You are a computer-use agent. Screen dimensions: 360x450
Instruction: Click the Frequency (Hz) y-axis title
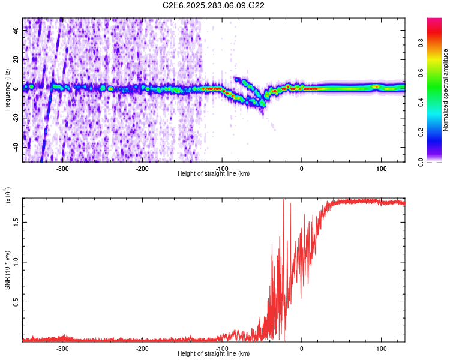point(7,89)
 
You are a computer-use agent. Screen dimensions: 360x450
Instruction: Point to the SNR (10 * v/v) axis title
point(7,266)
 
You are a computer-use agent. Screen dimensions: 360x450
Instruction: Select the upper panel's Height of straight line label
point(214,173)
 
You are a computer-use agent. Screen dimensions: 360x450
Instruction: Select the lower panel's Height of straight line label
point(214,353)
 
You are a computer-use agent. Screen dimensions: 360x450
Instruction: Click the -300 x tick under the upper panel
point(63,169)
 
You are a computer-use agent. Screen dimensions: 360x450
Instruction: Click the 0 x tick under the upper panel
point(302,169)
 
